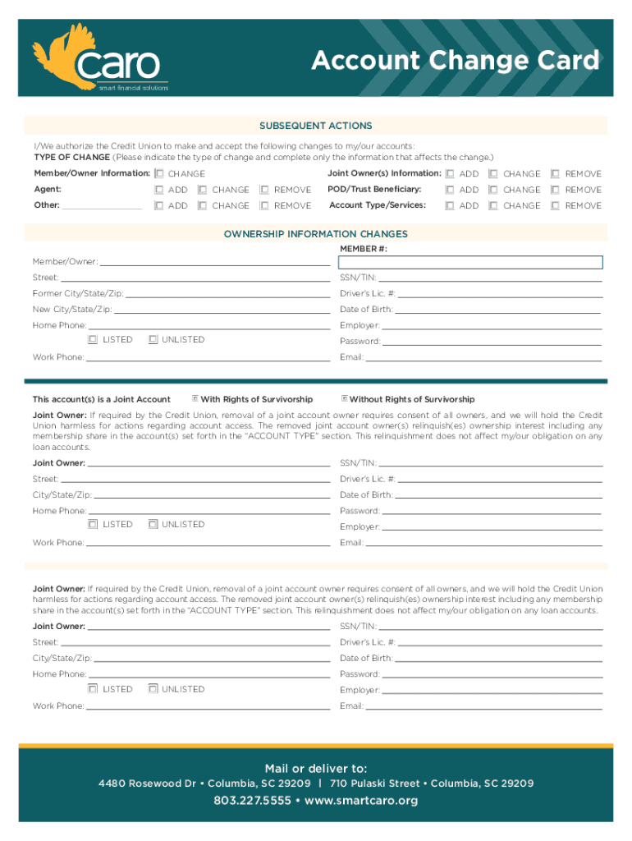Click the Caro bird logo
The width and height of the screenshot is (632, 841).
click(x=67, y=53)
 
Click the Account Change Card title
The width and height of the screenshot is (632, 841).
click(x=455, y=61)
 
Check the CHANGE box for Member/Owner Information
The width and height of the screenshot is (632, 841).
click(x=158, y=174)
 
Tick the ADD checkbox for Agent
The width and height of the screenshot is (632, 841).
click(x=158, y=190)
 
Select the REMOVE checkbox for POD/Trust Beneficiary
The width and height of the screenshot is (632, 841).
click(x=555, y=190)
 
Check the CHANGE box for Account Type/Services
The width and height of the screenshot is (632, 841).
click(x=492, y=206)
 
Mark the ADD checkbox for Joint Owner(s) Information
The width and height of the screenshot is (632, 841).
click(x=449, y=174)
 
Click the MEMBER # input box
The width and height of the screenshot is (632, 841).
click(x=470, y=263)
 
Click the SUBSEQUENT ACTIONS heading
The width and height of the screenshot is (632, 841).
click(x=316, y=126)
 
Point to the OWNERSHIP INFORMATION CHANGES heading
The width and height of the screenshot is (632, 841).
click(x=316, y=234)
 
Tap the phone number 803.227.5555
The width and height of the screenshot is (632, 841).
click(x=252, y=801)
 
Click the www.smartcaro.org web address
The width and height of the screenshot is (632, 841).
click(x=361, y=801)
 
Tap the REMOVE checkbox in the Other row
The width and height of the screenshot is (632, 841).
click(x=263, y=206)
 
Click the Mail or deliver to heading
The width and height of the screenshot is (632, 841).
click(x=316, y=768)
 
